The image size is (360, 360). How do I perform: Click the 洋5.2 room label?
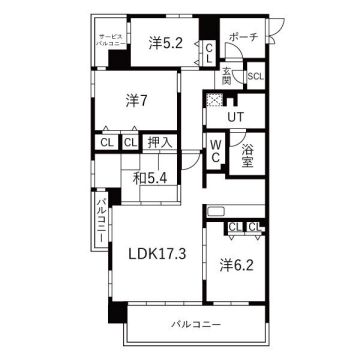coord(165,43)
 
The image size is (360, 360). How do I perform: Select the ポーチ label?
coord(243,37)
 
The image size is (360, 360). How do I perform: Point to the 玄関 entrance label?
coord(227,75)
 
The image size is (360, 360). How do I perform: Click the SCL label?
coord(255,76)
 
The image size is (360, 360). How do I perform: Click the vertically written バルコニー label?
coord(101,214)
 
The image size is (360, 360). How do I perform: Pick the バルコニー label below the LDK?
coord(195,323)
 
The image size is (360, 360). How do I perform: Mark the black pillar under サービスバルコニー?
coord(118,59)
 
